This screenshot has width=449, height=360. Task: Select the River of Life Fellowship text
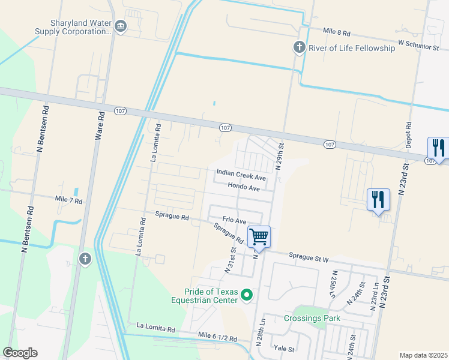coord(352,48)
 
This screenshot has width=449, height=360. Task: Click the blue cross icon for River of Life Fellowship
coord(299,47)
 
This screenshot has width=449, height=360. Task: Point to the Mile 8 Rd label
coord(336,30)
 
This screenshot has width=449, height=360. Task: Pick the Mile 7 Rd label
coord(68,199)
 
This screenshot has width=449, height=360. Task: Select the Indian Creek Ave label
coord(241,178)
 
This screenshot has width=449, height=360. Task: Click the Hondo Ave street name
coord(244,188)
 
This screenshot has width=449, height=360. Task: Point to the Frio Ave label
coord(235,221)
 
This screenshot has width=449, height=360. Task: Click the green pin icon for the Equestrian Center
coord(246,295)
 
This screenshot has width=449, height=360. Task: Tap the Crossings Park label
coord(312,318)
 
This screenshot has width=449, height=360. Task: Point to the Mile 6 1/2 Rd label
coord(217,339)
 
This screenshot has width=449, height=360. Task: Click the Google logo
coord(20,353)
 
